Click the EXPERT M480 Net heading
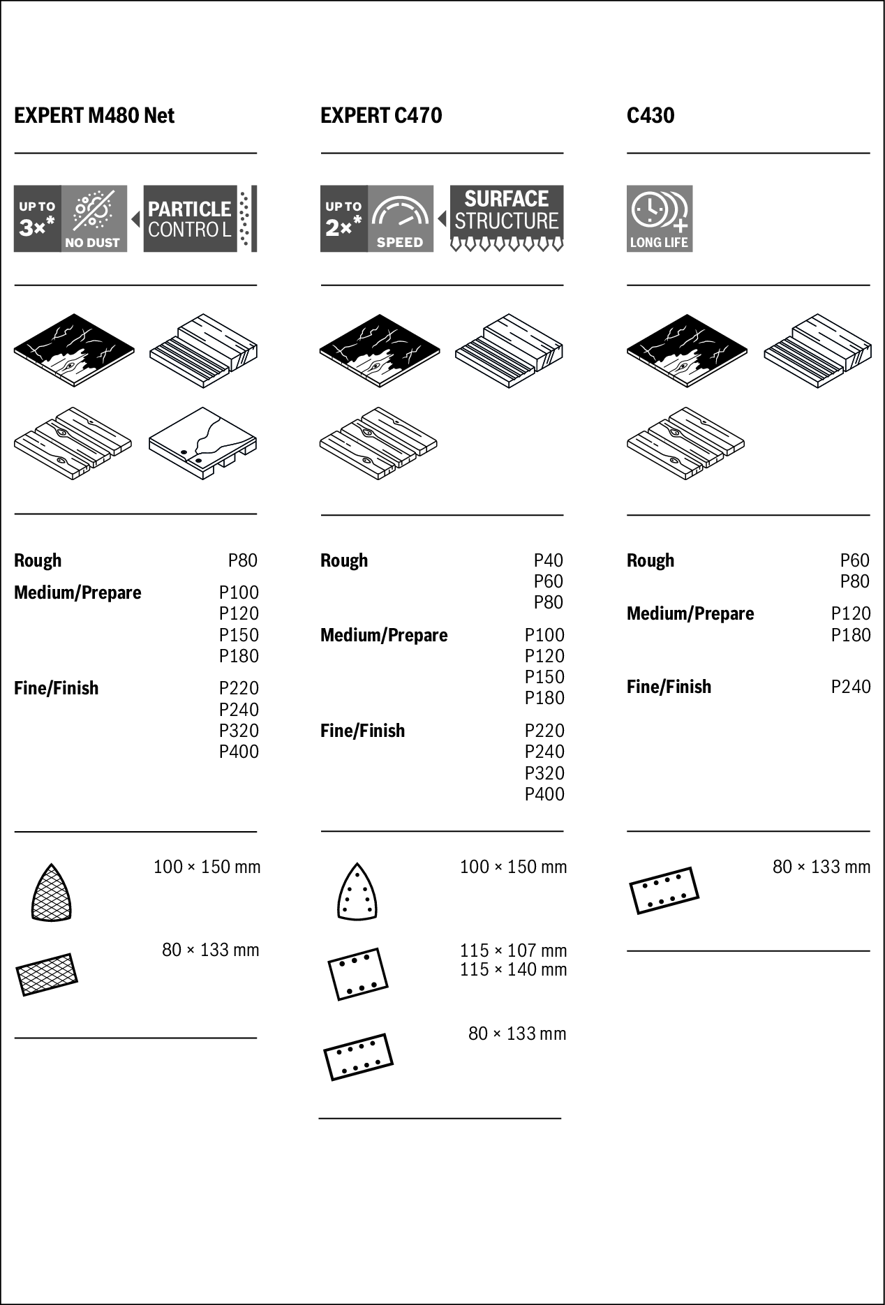94,115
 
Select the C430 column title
650,115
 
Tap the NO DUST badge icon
94,218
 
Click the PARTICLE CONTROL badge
200,218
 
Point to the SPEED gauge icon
401,218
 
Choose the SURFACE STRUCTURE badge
507,218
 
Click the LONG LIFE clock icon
660,218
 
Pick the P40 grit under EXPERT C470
548,560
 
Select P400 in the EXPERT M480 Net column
239,752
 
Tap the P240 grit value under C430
850,687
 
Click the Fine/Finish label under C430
669,687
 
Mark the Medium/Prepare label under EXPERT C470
384,635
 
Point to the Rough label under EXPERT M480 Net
38,560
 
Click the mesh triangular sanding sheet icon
51,893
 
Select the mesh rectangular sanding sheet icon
47,974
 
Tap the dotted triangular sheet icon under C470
357,893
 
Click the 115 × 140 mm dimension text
513,969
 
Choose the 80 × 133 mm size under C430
821,867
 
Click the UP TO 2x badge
343,218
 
